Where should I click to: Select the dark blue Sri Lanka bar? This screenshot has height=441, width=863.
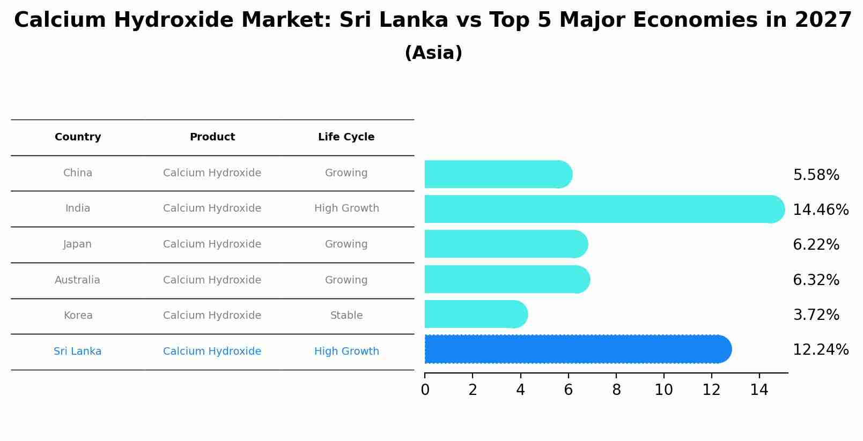(577, 349)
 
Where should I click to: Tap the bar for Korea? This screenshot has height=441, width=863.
(475, 314)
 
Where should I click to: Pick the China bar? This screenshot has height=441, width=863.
(498, 174)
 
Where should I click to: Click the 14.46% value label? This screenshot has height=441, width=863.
(820, 210)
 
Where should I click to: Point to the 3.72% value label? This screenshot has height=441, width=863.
(816, 315)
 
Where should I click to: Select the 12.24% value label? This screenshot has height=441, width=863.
(820, 349)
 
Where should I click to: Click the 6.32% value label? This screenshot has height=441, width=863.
(816, 280)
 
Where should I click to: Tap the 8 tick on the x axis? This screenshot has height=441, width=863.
(616, 390)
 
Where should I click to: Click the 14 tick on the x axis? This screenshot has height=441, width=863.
(759, 390)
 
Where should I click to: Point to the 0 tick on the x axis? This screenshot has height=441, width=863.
(425, 390)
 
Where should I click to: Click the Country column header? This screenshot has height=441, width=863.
(78, 137)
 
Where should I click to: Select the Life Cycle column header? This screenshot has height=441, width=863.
(346, 137)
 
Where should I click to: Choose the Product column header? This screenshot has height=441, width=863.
(212, 137)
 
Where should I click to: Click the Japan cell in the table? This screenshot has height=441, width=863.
(78, 244)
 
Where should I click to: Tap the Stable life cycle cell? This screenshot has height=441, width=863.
(346, 316)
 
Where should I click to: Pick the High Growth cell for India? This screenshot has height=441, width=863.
(346, 208)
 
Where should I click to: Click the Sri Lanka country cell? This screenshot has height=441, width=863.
(78, 352)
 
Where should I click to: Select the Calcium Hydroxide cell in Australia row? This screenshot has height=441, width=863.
(212, 280)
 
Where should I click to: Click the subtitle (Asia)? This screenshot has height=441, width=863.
(433, 53)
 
